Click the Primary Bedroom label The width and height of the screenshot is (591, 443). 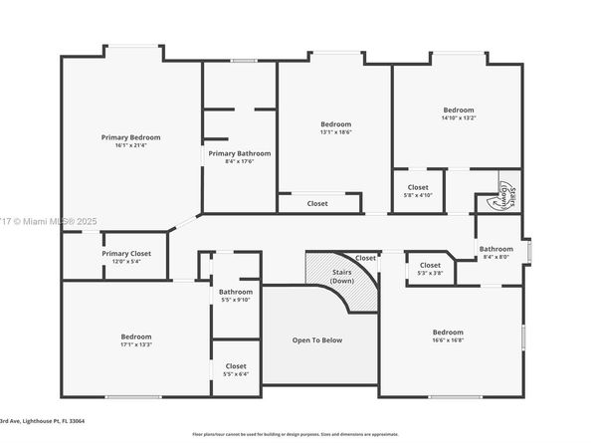click(130, 137)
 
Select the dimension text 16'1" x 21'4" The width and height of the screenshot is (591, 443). click(130, 145)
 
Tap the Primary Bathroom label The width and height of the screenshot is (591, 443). click(239, 153)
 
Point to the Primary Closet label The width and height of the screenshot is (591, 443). click(126, 254)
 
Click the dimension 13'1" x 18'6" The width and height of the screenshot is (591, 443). click(336, 131)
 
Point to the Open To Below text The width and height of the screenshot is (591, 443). click(316, 340)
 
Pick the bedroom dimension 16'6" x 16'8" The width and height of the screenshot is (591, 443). click(448, 339)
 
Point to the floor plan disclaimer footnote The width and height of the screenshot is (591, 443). click(295, 434)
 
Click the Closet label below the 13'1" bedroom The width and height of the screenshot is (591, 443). click(317, 203)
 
